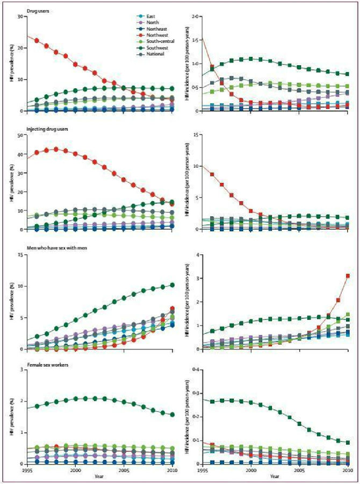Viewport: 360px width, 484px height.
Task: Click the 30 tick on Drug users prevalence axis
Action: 20,16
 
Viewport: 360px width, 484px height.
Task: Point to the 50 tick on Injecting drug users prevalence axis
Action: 20,135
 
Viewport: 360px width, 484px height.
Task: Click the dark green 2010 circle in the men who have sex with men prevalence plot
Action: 172,285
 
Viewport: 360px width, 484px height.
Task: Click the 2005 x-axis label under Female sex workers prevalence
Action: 124,469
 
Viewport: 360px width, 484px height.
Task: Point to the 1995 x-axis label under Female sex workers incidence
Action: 202,469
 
